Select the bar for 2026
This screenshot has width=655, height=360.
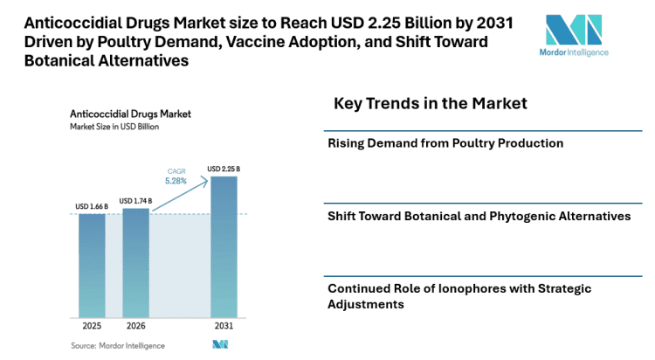pos(135,265)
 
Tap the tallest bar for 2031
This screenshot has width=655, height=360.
pos(224,249)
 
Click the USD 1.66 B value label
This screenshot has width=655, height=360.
pos(92,207)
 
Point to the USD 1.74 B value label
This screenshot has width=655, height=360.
pos(135,200)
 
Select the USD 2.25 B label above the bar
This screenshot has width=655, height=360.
pos(224,169)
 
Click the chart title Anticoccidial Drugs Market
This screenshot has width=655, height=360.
pos(130,114)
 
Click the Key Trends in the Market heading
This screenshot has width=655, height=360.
pos(431,104)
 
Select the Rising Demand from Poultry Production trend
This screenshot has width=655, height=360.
pos(445,143)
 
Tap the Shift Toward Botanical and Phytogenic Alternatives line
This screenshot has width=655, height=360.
pos(479,216)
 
